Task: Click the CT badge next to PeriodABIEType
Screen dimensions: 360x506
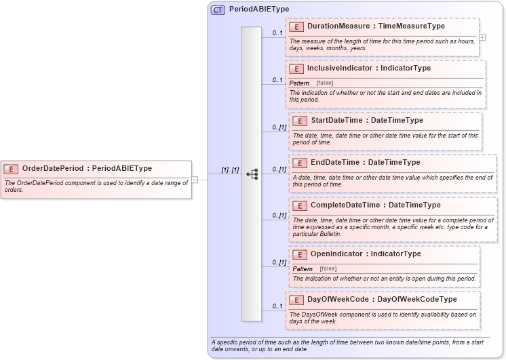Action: [x=218, y=9]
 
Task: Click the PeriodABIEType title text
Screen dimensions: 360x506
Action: [x=259, y=9]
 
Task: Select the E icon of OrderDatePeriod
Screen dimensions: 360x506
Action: [x=11, y=169]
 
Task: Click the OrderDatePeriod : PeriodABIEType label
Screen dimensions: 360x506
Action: [x=87, y=169]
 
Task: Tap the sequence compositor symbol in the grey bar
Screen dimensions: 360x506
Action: [x=252, y=174]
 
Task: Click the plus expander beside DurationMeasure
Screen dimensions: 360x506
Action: [x=482, y=37]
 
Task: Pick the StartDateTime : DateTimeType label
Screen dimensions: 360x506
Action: [x=366, y=121]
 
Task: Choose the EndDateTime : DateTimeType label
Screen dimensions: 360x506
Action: [x=365, y=163]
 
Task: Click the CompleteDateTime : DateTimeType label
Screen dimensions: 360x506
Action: [x=375, y=205]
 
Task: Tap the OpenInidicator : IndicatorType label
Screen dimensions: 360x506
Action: [x=366, y=254]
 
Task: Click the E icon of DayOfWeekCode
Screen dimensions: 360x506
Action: [x=296, y=300]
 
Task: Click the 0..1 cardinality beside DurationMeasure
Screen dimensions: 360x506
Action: [x=277, y=33]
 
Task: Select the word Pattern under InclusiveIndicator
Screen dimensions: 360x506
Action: [x=299, y=83]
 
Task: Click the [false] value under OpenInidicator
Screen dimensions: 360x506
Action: [x=328, y=268]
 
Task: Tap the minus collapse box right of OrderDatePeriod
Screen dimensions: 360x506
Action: [x=195, y=180]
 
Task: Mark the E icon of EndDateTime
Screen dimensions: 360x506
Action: [x=298, y=163]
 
